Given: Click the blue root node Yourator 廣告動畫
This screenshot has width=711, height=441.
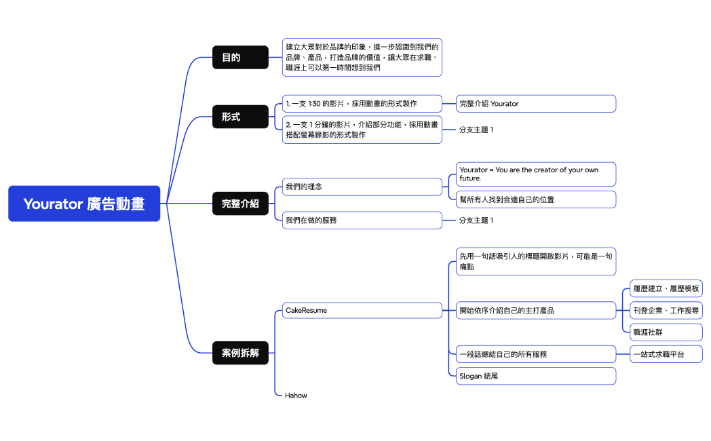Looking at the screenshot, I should pyautogui.click(x=84, y=204).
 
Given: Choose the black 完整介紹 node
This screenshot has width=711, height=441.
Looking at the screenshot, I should pyautogui.click(x=240, y=203).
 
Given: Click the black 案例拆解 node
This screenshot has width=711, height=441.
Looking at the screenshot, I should pyautogui.click(x=240, y=353).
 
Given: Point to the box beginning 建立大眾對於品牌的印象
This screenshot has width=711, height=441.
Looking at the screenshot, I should pyautogui.click(x=362, y=57).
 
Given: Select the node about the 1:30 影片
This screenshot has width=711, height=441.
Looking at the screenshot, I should pyautogui.click(x=362, y=104).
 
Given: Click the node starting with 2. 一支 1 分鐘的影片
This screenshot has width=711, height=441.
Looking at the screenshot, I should pyautogui.click(x=362, y=130).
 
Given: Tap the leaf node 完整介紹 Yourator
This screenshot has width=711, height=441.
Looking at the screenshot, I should pyautogui.click(x=536, y=104).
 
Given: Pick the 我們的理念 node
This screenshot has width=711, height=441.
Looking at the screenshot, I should pyautogui.click(x=362, y=187).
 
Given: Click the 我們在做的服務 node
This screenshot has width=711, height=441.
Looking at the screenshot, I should pyautogui.click(x=362, y=220).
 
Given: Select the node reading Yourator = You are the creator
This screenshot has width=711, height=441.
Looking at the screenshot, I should pyautogui.click(x=536, y=174).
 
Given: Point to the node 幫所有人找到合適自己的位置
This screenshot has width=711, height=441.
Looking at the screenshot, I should pyautogui.click(x=536, y=199).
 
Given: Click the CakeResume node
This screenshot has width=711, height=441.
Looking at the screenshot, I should pyautogui.click(x=362, y=310).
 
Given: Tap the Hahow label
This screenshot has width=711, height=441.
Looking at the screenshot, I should pyautogui.click(x=296, y=395).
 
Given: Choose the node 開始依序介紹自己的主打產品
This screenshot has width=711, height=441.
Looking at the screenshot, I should pyautogui.click(x=536, y=310).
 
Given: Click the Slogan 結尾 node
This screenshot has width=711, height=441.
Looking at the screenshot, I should pyautogui.click(x=536, y=376).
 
